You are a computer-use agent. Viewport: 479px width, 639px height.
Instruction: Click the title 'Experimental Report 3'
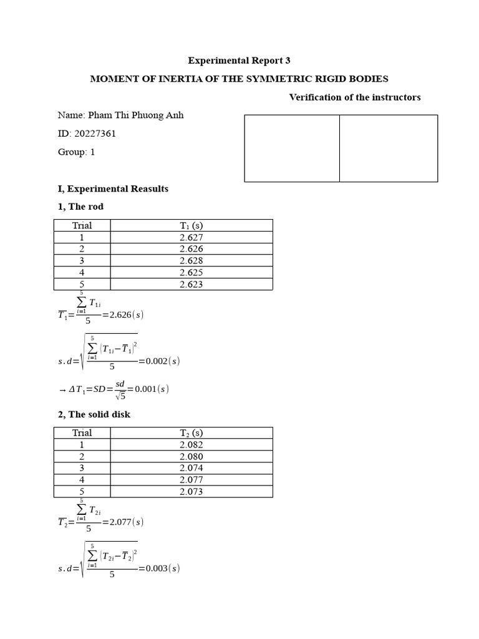click(239, 61)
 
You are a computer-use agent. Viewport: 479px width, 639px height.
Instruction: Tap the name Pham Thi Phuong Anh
click(135, 115)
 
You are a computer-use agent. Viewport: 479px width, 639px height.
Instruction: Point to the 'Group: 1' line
click(76, 152)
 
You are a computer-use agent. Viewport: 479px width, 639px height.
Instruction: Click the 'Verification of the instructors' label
click(355, 97)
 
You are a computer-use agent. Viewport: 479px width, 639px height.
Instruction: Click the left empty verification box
click(292, 149)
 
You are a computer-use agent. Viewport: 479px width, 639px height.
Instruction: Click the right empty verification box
click(389, 149)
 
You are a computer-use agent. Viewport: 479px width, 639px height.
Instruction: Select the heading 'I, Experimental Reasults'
click(113, 188)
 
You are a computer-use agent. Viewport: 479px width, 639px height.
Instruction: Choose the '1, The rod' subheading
click(80, 207)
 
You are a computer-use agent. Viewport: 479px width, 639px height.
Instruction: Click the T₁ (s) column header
click(191, 225)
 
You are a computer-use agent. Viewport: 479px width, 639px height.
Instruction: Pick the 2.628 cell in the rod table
click(191, 260)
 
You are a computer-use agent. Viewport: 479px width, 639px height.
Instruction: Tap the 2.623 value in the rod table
click(191, 284)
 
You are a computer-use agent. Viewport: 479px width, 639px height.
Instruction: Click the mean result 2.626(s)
click(127, 315)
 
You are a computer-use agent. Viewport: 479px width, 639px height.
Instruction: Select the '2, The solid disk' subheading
click(94, 414)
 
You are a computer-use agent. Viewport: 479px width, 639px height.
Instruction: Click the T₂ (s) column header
click(191, 433)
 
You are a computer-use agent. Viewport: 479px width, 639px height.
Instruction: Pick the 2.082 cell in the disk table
click(191, 444)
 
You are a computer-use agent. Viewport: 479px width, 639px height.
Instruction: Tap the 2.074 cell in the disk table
click(191, 468)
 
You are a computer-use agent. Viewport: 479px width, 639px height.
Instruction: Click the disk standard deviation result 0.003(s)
click(159, 568)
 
